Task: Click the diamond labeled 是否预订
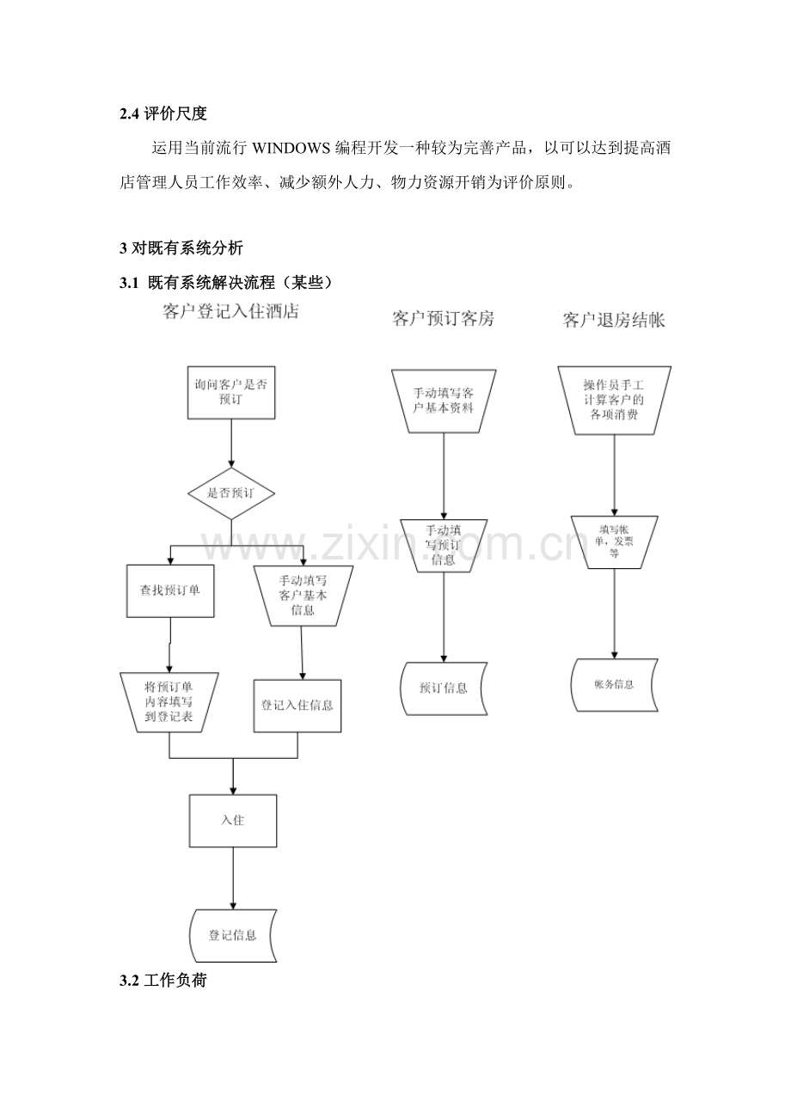[x=231, y=493]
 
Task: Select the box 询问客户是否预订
[x=231, y=392]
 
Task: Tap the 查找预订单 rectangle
[x=170, y=591]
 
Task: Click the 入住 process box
[x=233, y=821]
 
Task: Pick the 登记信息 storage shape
[x=233, y=936]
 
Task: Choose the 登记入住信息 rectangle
[x=297, y=706]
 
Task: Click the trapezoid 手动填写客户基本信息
[x=303, y=596]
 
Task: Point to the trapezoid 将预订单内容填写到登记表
[x=169, y=702]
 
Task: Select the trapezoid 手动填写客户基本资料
[x=444, y=401]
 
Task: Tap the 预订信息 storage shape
[x=444, y=688]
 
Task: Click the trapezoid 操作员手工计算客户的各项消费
[x=614, y=401]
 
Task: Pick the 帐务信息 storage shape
[x=614, y=685]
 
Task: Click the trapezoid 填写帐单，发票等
[x=614, y=542]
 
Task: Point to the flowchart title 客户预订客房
[x=444, y=319]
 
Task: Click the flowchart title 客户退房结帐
[x=614, y=321]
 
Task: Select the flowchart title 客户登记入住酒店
[x=231, y=311]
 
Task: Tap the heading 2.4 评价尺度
[x=162, y=114]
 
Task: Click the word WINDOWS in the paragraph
[x=291, y=149]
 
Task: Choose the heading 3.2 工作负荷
[x=162, y=980]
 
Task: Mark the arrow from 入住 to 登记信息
[x=233, y=878]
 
